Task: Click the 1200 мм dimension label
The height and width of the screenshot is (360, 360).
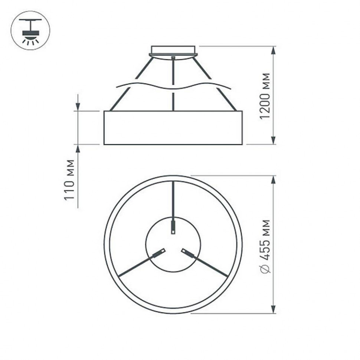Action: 264,96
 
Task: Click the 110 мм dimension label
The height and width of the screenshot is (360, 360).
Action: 69,180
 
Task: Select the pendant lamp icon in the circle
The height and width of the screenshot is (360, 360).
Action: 30,30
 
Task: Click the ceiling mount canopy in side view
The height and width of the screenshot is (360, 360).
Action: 173,51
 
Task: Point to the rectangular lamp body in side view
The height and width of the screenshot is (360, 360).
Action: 173,127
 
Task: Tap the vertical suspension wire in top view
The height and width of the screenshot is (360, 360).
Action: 173,200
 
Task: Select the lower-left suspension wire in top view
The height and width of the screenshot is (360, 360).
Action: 135,266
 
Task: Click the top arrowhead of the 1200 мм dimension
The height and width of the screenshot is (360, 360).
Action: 274,51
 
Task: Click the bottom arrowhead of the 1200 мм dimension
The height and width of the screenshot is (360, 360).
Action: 274,140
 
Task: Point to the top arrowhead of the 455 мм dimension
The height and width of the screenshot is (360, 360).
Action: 274,180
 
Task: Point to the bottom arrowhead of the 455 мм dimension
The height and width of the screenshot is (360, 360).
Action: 274,309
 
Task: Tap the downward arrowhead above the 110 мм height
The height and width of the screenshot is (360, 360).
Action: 78,106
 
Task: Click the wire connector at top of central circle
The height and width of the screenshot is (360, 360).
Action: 173,226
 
